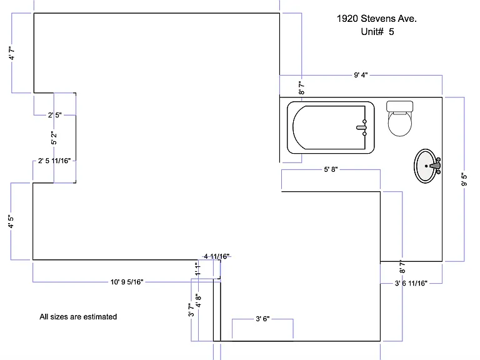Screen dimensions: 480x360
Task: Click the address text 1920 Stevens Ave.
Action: tap(376, 19)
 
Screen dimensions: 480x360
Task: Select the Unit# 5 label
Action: tap(377, 32)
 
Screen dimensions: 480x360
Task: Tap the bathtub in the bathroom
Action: tap(331, 127)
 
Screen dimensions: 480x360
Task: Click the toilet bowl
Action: tap(400, 124)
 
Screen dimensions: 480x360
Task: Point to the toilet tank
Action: tap(400, 106)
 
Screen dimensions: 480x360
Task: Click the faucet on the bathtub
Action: tap(362, 127)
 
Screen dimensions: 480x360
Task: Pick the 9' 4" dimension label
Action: tap(361, 75)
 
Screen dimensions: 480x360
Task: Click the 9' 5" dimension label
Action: tap(464, 179)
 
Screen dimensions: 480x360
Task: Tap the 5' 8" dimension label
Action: tap(331, 169)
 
